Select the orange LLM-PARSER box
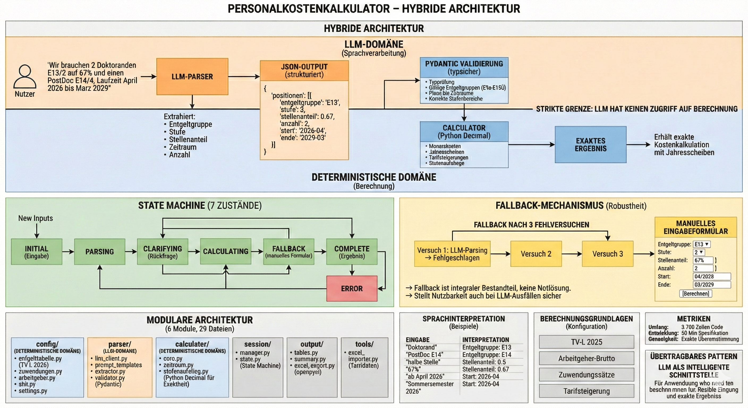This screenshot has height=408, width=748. pyautogui.click(x=192, y=77)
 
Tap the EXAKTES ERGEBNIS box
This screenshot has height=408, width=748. pyautogui.click(x=590, y=144)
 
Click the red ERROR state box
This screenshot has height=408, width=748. pyautogui.click(x=352, y=289)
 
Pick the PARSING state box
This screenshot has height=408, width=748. pyautogui.click(x=100, y=252)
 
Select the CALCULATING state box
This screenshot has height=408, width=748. pyautogui.click(x=226, y=252)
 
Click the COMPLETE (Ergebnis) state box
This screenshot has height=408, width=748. pyautogui.click(x=352, y=252)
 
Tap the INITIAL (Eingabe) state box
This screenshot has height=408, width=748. pyautogui.click(x=37, y=252)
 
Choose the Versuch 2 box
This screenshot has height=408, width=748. pyautogui.click(x=536, y=254)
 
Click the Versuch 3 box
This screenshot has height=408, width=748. pyautogui.click(x=607, y=254)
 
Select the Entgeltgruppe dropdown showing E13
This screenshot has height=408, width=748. pyautogui.click(x=701, y=244)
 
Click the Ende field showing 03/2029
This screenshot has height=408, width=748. pyautogui.click(x=711, y=284)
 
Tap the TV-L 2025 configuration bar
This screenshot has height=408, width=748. pyautogui.click(x=586, y=342)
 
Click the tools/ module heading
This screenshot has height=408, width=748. pyautogui.click(x=364, y=344)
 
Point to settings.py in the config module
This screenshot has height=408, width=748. pyautogui.click(x=33, y=391)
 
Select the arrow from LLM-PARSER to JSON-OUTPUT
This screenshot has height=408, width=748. pyautogui.click(x=244, y=77)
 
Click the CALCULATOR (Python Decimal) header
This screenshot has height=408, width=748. pyautogui.click(x=464, y=131)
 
